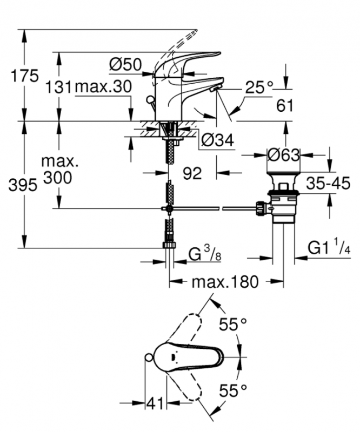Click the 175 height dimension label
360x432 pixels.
pyautogui.click(x=25, y=76)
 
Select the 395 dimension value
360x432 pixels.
pyautogui.click(x=23, y=185)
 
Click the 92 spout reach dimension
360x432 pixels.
pyautogui.click(x=192, y=173)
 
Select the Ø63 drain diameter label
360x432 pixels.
pyautogui.click(x=283, y=156)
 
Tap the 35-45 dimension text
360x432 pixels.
pyautogui.click(x=328, y=183)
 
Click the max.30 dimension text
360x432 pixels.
pyautogui.click(x=103, y=86)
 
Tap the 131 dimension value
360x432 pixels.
pyautogui.click(x=59, y=86)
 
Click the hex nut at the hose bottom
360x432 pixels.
pyautogui.click(x=170, y=245)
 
